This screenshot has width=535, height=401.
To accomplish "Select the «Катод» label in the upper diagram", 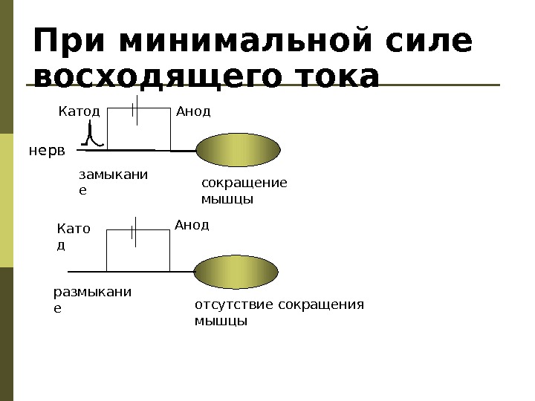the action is coord(79,112).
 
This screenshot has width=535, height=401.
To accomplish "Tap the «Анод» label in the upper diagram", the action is coord(193,112).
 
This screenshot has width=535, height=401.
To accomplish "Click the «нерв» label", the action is coord(47,151).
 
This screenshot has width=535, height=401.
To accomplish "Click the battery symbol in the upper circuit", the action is coord(134,108).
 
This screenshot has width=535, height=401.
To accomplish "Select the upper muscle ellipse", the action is coord(239,150).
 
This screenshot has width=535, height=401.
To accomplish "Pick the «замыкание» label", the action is coord(113,182).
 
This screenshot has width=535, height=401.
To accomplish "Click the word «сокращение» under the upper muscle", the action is coord(244,183).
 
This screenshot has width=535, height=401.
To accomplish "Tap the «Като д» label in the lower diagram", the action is coord(73,236).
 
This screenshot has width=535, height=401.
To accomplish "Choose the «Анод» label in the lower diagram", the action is coord(192,224).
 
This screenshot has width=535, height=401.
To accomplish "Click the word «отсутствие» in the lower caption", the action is coord(228,304).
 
